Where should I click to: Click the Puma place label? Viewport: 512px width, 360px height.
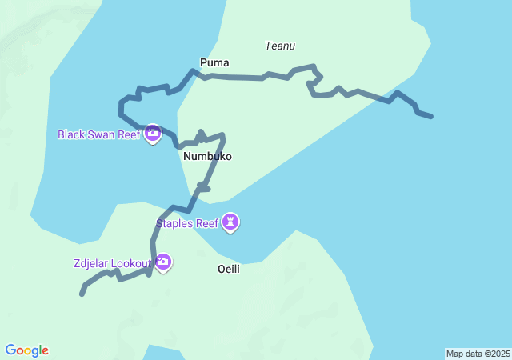pyautogui.click(x=214, y=62)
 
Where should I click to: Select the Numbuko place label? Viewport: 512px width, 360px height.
pyautogui.click(x=207, y=157)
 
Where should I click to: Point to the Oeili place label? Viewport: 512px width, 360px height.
pyautogui.click(x=229, y=269)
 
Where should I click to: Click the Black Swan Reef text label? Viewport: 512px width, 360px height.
pyautogui.click(x=98, y=134)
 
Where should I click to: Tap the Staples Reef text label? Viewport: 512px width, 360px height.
pyautogui.click(x=186, y=223)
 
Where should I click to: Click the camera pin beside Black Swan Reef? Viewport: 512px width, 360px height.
pyautogui.click(x=153, y=134)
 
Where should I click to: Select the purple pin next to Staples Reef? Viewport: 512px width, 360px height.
pyautogui.click(x=230, y=222)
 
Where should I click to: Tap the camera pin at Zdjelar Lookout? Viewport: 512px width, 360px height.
pyautogui.click(x=163, y=261)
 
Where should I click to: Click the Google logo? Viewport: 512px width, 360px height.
pyautogui.click(x=27, y=350)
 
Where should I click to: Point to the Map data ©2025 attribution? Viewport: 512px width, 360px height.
pyautogui.click(x=478, y=354)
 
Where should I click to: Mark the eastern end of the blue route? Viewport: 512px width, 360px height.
pyautogui.click(x=431, y=117)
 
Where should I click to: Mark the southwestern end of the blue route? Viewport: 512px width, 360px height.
pyautogui.click(x=82, y=294)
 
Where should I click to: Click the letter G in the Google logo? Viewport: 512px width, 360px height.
pyautogui.click(x=11, y=350)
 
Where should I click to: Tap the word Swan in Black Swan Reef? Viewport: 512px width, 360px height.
pyautogui.click(x=101, y=134)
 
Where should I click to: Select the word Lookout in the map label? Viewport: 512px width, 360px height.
pyautogui.click(x=131, y=263)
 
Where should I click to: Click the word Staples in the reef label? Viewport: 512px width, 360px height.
pyautogui.click(x=174, y=223)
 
